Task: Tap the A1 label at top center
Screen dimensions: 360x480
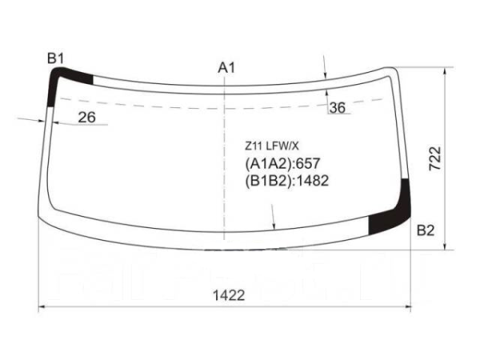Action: [x=226, y=68]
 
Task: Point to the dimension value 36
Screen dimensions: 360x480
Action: [x=337, y=108]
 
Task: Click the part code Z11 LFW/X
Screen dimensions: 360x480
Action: [x=272, y=146]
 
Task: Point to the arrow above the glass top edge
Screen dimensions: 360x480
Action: [x=325, y=68]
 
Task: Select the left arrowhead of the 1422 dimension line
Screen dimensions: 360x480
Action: [x=43, y=307]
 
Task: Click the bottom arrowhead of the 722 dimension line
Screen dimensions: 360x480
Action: [x=444, y=246]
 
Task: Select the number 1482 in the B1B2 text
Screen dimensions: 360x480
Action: [x=313, y=180]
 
